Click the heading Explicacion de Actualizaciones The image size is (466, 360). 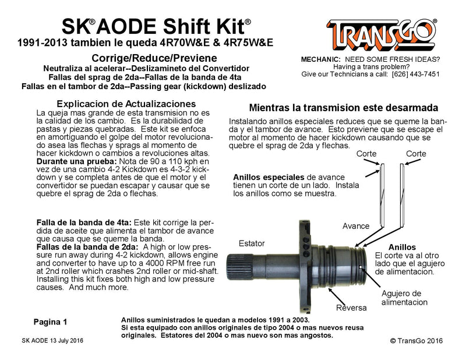tap(113, 103)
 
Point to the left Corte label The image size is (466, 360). tap(366, 154)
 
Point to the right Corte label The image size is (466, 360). tap(416, 154)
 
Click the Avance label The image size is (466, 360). tap(356, 225)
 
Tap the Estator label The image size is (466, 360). tap(252, 243)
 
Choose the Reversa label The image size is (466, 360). tap(351, 307)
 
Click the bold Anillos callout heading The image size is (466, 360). tap(402, 246)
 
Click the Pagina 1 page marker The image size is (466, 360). tap(50, 321)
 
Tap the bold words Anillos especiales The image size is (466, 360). tap(269, 177)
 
